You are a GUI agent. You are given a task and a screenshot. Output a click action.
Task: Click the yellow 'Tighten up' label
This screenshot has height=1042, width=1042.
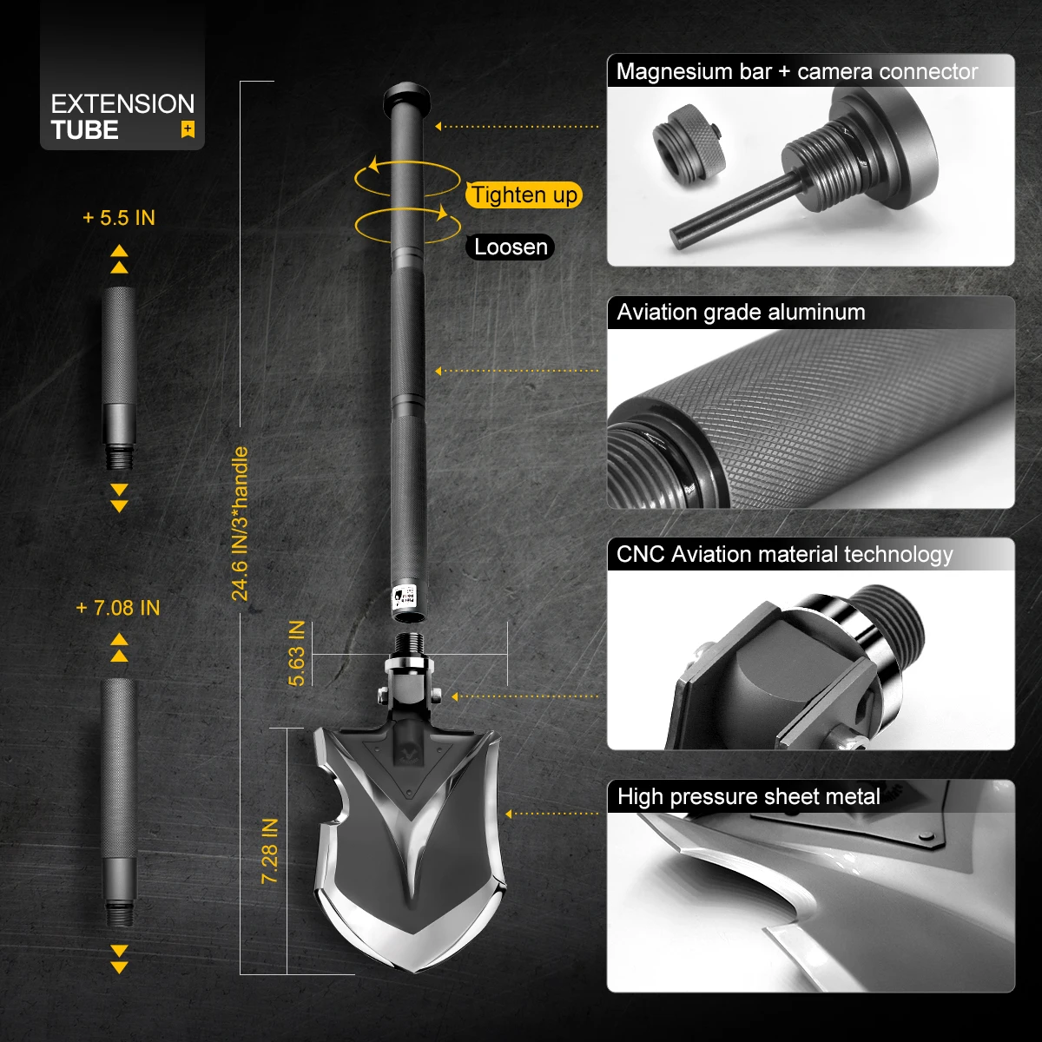point(524,195)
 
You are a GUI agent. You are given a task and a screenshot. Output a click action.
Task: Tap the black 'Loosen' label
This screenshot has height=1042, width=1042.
point(511,247)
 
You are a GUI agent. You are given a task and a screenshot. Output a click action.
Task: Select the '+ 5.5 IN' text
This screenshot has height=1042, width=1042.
point(119,217)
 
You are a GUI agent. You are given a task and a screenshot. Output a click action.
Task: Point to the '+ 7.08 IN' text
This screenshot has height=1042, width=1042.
point(118,608)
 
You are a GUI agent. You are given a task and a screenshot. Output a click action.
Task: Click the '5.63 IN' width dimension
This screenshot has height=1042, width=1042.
point(297,653)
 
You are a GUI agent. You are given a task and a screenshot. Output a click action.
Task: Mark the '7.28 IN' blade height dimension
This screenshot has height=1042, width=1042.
point(270,851)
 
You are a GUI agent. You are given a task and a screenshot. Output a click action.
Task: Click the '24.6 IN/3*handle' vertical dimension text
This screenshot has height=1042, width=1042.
point(241,524)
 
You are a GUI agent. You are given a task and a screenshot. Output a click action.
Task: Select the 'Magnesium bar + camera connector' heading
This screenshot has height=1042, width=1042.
point(796,71)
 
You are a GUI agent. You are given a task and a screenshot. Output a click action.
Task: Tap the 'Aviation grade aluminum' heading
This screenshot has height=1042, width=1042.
point(741,313)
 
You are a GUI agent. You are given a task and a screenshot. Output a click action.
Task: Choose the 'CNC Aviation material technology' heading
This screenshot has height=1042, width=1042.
point(784,554)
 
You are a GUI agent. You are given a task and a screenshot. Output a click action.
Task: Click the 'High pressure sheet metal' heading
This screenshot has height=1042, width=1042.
point(749,796)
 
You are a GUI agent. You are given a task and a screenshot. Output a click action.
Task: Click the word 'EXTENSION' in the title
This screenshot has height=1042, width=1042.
point(122,104)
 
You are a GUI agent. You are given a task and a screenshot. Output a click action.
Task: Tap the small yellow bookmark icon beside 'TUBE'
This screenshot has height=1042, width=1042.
point(187,130)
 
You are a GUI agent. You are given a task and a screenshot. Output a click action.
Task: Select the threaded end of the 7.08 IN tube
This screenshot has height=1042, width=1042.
point(119,913)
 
